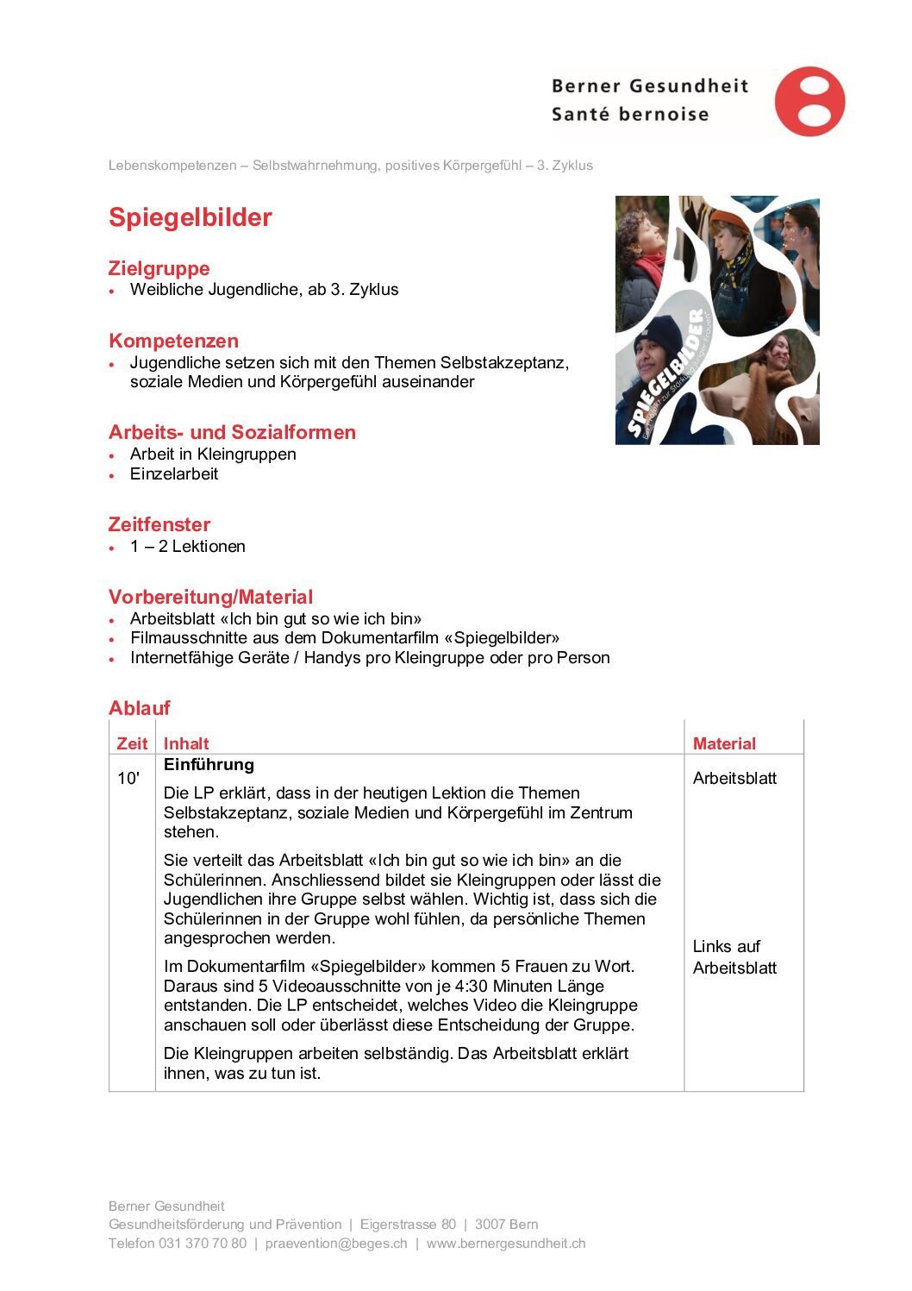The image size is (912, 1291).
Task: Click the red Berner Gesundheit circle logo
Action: point(809,102)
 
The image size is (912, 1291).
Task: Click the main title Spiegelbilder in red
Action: point(190,217)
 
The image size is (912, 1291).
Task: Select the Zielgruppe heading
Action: point(159,268)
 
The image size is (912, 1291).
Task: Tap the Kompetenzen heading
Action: point(173,341)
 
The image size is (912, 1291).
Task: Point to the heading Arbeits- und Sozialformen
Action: point(232,432)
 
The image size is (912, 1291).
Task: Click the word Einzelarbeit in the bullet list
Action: point(174,474)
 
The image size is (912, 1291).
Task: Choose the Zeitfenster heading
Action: point(159,524)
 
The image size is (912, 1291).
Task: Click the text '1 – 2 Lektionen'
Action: point(187,547)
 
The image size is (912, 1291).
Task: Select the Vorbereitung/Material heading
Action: point(210,597)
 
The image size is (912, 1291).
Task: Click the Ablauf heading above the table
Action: point(139,708)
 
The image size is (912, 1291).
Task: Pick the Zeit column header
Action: point(132,743)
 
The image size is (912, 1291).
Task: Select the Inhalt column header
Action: point(186,743)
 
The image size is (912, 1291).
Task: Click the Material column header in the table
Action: point(724,743)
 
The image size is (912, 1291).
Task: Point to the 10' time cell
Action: point(128,778)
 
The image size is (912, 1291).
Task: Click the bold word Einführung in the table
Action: point(209,765)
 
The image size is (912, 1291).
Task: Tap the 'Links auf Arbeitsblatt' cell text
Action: point(734,957)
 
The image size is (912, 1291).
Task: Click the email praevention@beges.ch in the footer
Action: point(336,1244)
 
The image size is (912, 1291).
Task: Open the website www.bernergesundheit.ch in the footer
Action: point(506,1244)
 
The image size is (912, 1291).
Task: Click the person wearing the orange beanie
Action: point(735,250)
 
